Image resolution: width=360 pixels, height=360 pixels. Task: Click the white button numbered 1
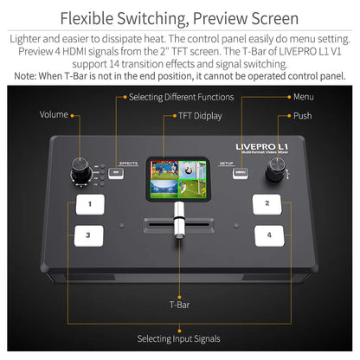(x=89, y=204)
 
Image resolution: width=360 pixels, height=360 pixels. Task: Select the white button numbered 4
(x=269, y=235)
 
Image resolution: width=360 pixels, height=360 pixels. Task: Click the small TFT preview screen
(x=179, y=180)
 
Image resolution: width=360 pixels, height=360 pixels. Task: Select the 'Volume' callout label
(x=55, y=115)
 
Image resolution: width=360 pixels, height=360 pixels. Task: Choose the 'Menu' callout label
(x=303, y=97)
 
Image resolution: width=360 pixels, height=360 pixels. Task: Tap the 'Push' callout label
(x=302, y=115)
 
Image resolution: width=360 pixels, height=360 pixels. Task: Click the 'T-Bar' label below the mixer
(x=180, y=305)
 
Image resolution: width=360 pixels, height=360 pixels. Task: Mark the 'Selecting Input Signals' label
(x=179, y=338)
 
